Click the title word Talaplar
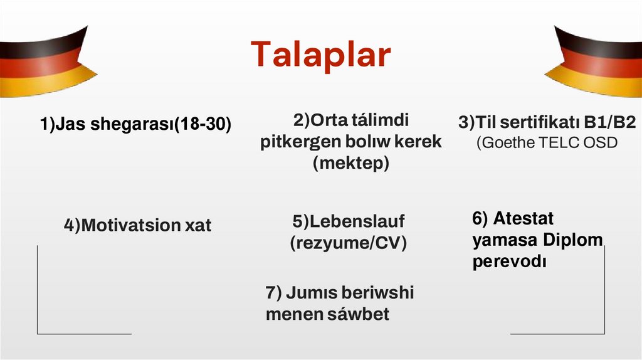click(x=320, y=55)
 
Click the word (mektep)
click(x=351, y=163)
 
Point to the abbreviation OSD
click(x=601, y=142)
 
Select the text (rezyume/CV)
click(x=348, y=243)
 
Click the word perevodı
click(x=510, y=261)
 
